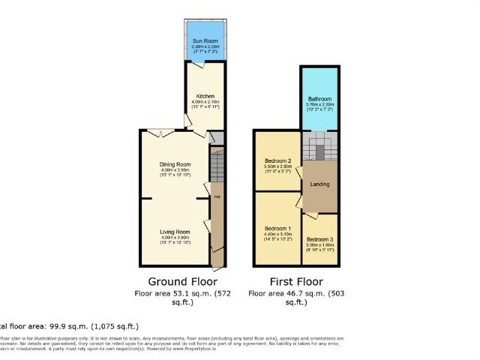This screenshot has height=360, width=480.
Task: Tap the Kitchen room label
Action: (x=205, y=97)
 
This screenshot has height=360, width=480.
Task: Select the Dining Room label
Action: (x=175, y=164)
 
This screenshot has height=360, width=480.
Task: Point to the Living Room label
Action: (x=175, y=232)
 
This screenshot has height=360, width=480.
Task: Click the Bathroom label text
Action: (x=319, y=99)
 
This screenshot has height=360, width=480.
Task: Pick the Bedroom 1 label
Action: (x=277, y=228)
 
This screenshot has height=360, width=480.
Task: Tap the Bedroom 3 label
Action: (x=320, y=239)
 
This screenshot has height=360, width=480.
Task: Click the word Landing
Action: (x=319, y=184)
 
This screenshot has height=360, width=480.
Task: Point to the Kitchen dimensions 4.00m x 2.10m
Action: (x=205, y=103)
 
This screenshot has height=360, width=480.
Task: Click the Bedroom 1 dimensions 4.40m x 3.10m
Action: (x=277, y=234)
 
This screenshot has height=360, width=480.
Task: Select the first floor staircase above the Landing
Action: (x=319, y=147)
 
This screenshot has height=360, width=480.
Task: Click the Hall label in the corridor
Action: (x=217, y=196)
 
